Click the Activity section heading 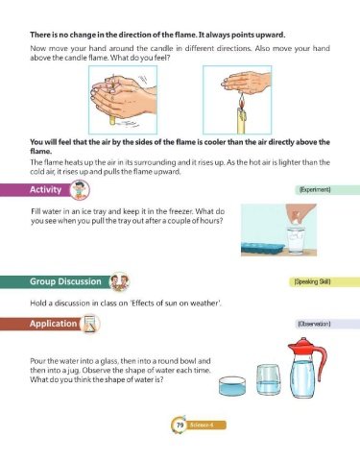[x=45, y=189]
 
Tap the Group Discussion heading [x=65, y=281]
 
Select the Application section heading [x=54, y=324]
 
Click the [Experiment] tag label [x=315, y=190]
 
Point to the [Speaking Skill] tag [x=312, y=281]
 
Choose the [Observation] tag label [x=314, y=324]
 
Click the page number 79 [x=180, y=425]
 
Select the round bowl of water [x=232, y=385]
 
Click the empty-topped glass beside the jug [x=269, y=379]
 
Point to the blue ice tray [x=263, y=249]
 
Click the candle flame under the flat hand [x=242, y=101]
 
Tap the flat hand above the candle [x=246, y=82]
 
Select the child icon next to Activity [x=80, y=190]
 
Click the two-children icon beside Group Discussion [x=119, y=281]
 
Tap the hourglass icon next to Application [x=90, y=324]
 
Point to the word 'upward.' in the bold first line [x=270, y=35]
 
